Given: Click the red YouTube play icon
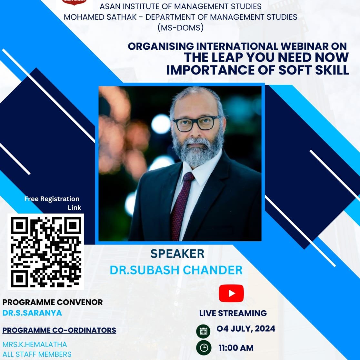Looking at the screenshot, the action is (231, 293).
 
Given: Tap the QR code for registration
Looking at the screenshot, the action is (46, 252).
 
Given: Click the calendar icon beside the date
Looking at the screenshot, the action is (203, 331).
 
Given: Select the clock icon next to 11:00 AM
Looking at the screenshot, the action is (204, 348).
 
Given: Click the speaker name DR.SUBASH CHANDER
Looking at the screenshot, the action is (176, 270).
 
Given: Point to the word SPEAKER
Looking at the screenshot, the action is (177, 254).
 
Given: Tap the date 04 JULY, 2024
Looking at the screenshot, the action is (246, 328).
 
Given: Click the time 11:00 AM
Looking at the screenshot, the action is (236, 348).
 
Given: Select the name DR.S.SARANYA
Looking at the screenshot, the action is (32, 313).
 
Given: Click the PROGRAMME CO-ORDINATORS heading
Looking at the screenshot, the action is (59, 330).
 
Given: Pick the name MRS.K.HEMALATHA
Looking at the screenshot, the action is (35, 345).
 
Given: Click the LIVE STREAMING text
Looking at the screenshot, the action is (233, 313).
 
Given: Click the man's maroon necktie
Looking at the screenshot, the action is (181, 204).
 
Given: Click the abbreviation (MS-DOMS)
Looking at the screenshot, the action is (180, 28).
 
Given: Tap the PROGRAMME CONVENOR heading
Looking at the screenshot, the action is (53, 302).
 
